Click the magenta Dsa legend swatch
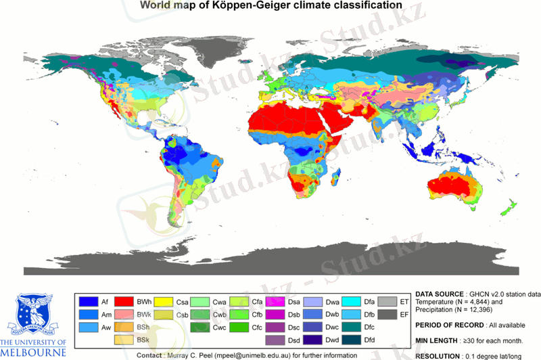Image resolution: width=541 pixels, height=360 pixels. click(x=276, y=301)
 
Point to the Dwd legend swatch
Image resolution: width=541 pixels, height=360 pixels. click(x=314, y=340)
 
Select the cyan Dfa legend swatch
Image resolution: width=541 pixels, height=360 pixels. click(x=351, y=301)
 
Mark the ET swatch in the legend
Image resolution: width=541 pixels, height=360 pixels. click(x=387, y=301)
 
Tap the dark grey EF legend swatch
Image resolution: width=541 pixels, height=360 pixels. click(x=387, y=315)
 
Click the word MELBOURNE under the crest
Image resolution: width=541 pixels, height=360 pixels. click(x=33, y=353)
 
